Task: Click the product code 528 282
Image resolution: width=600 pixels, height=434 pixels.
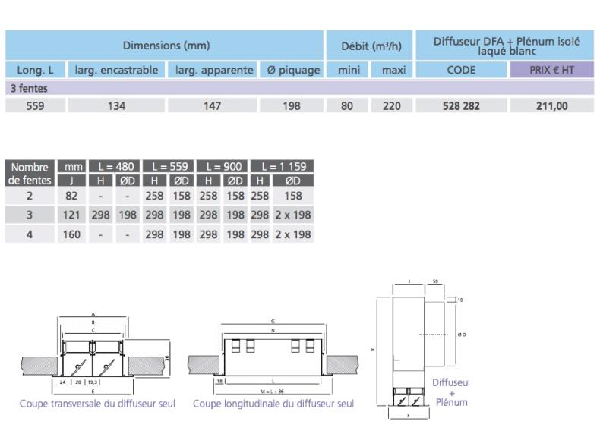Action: pyautogui.click(x=461, y=106)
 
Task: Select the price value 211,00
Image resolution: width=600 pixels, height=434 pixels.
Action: pyautogui.click(x=551, y=106)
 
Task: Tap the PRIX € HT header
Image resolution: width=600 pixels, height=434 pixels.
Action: pyautogui.click(x=551, y=71)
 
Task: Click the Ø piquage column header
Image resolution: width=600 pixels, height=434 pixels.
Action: pyautogui.click(x=292, y=71)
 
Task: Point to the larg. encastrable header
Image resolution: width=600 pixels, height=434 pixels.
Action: pyautogui.click(x=116, y=71)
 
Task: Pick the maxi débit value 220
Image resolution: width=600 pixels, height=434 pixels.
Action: pyautogui.click(x=391, y=106)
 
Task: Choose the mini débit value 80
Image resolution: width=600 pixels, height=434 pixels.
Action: pyautogui.click(x=347, y=106)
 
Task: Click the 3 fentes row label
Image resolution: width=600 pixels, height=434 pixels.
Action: pyautogui.click(x=28, y=88)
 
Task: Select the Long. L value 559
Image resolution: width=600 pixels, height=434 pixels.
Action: pyautogui.click(x=35, y=106)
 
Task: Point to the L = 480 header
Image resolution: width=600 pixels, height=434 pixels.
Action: pyautogui.click(x=115, y=166)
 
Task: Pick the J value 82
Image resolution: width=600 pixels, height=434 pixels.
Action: pyautogui.click(x=72, y=196)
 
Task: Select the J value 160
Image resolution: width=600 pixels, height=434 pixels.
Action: pyautogui.click(x=72, y=234)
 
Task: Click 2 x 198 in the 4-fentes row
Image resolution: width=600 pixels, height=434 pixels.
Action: pyautogui.click(x=292, y=234)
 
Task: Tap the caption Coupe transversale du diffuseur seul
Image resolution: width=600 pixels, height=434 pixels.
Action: pyautogui.click(x=97, y=404)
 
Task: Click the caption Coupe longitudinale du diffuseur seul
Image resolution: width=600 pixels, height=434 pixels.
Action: pyautogui.click(x=273, y=404)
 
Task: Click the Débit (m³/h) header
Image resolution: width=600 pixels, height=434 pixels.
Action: pyautogui.click(x=370, y=46)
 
